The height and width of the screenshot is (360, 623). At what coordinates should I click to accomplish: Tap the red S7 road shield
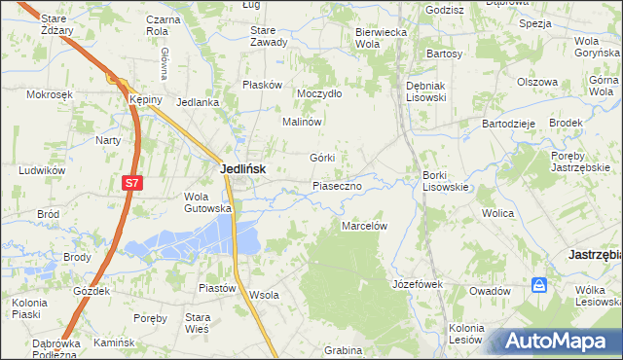click(x=131, y=182)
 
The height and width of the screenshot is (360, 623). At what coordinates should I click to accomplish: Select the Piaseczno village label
click(x=337, y=185)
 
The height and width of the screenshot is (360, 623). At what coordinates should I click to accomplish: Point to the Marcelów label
click(x=365, y=225)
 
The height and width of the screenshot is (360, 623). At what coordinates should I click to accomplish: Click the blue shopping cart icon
click(x=539, y=285)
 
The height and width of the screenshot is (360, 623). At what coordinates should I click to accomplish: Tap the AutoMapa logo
click(x=558, y=342)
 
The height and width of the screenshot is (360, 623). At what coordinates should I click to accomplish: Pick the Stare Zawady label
click(x=269, y=36)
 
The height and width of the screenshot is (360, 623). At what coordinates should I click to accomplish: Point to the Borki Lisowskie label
click(x=447, y=181)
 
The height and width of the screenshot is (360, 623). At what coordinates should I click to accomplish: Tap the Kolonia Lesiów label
click(x=466, y=333)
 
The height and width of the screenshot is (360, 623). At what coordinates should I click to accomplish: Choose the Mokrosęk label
click(x=52, y=94)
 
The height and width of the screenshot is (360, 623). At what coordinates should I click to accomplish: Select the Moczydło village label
click(x=320, y=93)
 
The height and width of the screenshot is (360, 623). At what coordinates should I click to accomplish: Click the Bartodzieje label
click(x=509, y=124)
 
